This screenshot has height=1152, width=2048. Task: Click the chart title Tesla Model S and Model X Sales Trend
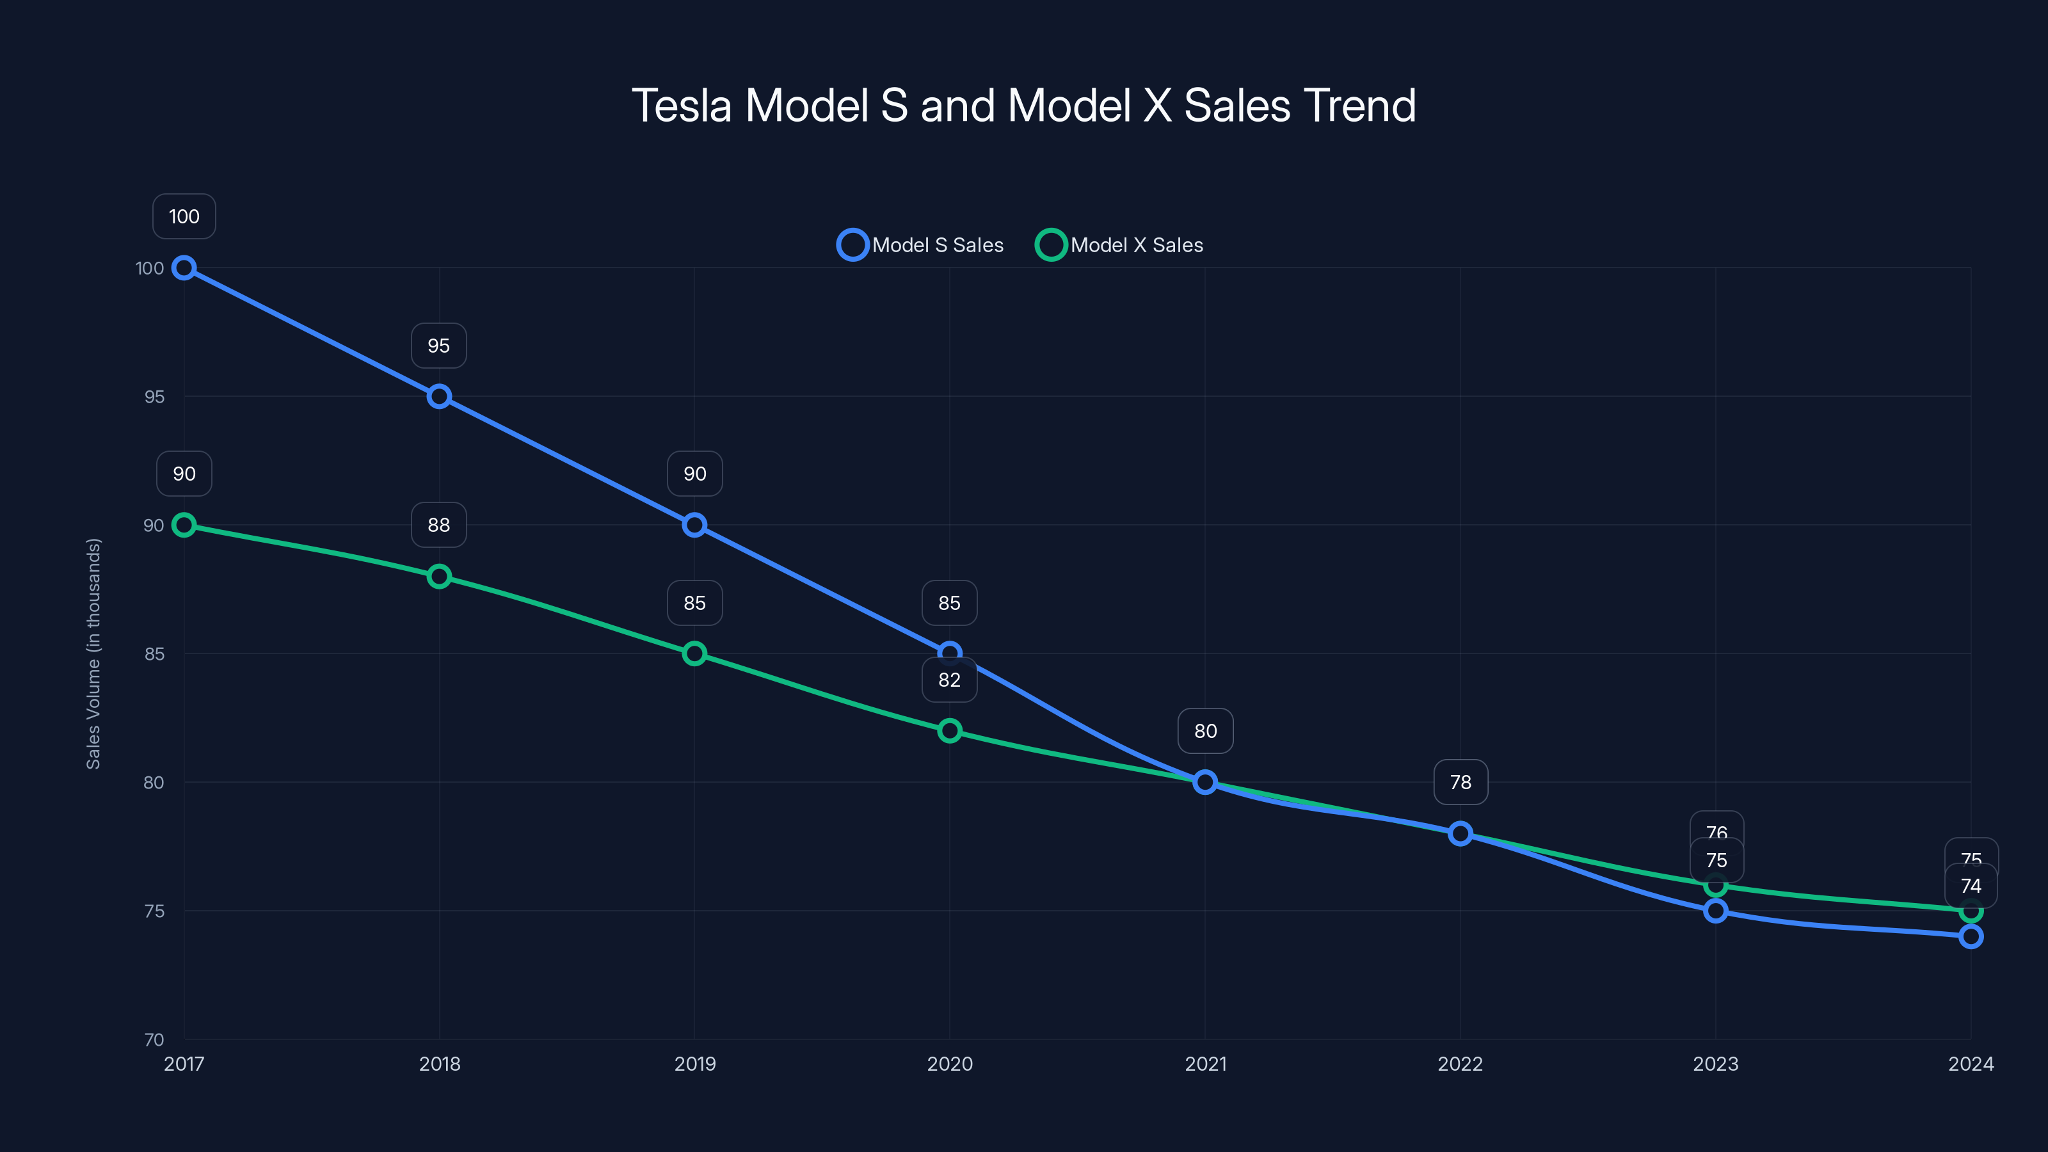click(x=1023, y=106)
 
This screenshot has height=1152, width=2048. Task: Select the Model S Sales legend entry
click(x=922, y=245)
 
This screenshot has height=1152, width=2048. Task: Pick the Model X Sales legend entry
click(x=1120, y=245)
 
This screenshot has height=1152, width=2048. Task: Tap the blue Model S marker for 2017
click(x=184, y=268)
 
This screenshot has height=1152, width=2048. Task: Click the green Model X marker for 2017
click(x=184, y=525)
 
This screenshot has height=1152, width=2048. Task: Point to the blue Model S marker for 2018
click(x=439, y=396)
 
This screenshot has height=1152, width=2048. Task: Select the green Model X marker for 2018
click(x=439, y=577)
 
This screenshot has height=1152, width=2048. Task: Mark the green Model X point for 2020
click(x=949, y=731)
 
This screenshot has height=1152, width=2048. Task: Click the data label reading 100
click(x=184, y=216)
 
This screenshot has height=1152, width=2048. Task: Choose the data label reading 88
click(x=439, y=525)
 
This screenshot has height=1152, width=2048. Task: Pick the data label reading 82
click(x=949, y=680)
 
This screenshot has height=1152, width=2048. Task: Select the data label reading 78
click(x=1460, y=782)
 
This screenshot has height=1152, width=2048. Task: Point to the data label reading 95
click(x=439, y=346)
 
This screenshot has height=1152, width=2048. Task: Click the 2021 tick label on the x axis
click(x=1205, y=1064)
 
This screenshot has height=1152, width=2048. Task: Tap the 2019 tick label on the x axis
click(x=695, y=1064)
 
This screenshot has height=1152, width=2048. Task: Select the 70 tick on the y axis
click(x=154, y=1039)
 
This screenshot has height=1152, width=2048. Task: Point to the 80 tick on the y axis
click(x=154, y=782)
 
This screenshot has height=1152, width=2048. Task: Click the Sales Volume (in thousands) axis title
click(x=94, y=653)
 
